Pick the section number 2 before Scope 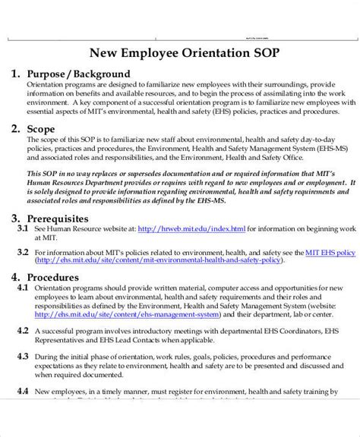[x=15, y=129]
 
